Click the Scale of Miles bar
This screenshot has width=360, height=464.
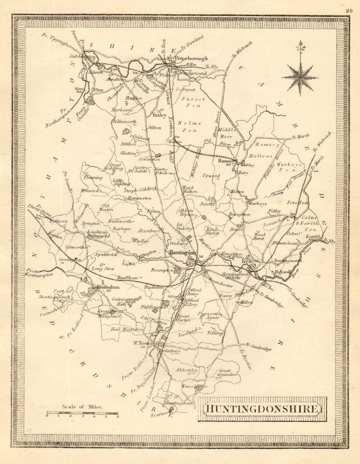click(x=82, y=412)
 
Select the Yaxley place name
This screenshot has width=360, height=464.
click(x=159, y=115)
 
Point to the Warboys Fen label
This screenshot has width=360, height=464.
click(x=289, y=167)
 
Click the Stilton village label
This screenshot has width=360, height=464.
click(x=154, y=128)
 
